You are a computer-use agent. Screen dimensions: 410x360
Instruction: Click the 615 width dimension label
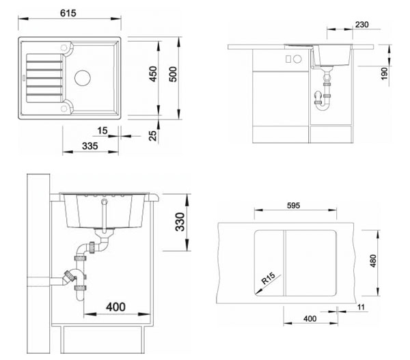click(x=68, y=13)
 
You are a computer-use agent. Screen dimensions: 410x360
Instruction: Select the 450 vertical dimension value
click(x=153, y=74)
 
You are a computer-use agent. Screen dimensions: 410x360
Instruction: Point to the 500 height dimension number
click(x=173, y=74)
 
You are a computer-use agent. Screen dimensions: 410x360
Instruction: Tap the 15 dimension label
click(x=102, y=130)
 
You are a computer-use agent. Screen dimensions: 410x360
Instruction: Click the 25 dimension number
click(x=153, y=136)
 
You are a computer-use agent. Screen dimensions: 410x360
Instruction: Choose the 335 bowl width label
click(x=90, y=146)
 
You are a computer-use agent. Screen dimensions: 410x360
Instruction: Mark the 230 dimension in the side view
click(x=362, y=25)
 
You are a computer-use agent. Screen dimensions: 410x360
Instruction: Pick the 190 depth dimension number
click(x=384, y=74)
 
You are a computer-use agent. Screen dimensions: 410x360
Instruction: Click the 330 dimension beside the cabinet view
click(x=180, y=222)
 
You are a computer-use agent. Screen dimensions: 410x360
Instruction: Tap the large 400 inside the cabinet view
click(x=115, y=307)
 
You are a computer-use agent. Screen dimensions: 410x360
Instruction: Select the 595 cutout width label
click(x=293, y=206)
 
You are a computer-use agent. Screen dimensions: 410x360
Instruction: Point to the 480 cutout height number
click(x=373, y=261)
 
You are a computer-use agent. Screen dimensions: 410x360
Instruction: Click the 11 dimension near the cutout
click(x=361, y=307)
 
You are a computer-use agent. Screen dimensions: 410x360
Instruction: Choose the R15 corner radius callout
click(x=269, y=278)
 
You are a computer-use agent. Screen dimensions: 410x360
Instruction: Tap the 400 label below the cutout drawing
click(x=310, y=319)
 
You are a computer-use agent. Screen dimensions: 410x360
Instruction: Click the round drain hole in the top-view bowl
click(x=83, y=78)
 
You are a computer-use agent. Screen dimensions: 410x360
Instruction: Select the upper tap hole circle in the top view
click(x=64, y=48)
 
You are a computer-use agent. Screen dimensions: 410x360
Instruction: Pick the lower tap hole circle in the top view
click(x=64, y=108)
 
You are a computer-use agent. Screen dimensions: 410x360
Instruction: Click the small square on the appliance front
click(x=288, y=59)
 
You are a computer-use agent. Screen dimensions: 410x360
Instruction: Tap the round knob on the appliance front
click(x=297, y=59)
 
